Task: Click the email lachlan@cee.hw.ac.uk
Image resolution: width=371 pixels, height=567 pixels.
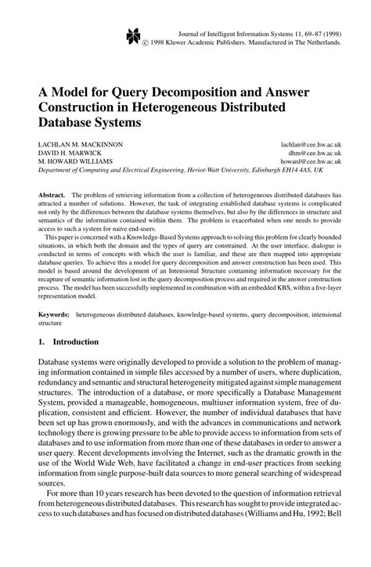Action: click(312, 146)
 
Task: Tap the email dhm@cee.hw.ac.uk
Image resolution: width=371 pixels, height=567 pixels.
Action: click(317, 154)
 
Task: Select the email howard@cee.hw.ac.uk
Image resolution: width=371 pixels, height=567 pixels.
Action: click(312, 163)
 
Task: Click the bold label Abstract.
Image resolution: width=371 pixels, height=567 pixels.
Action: click(52, 193)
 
